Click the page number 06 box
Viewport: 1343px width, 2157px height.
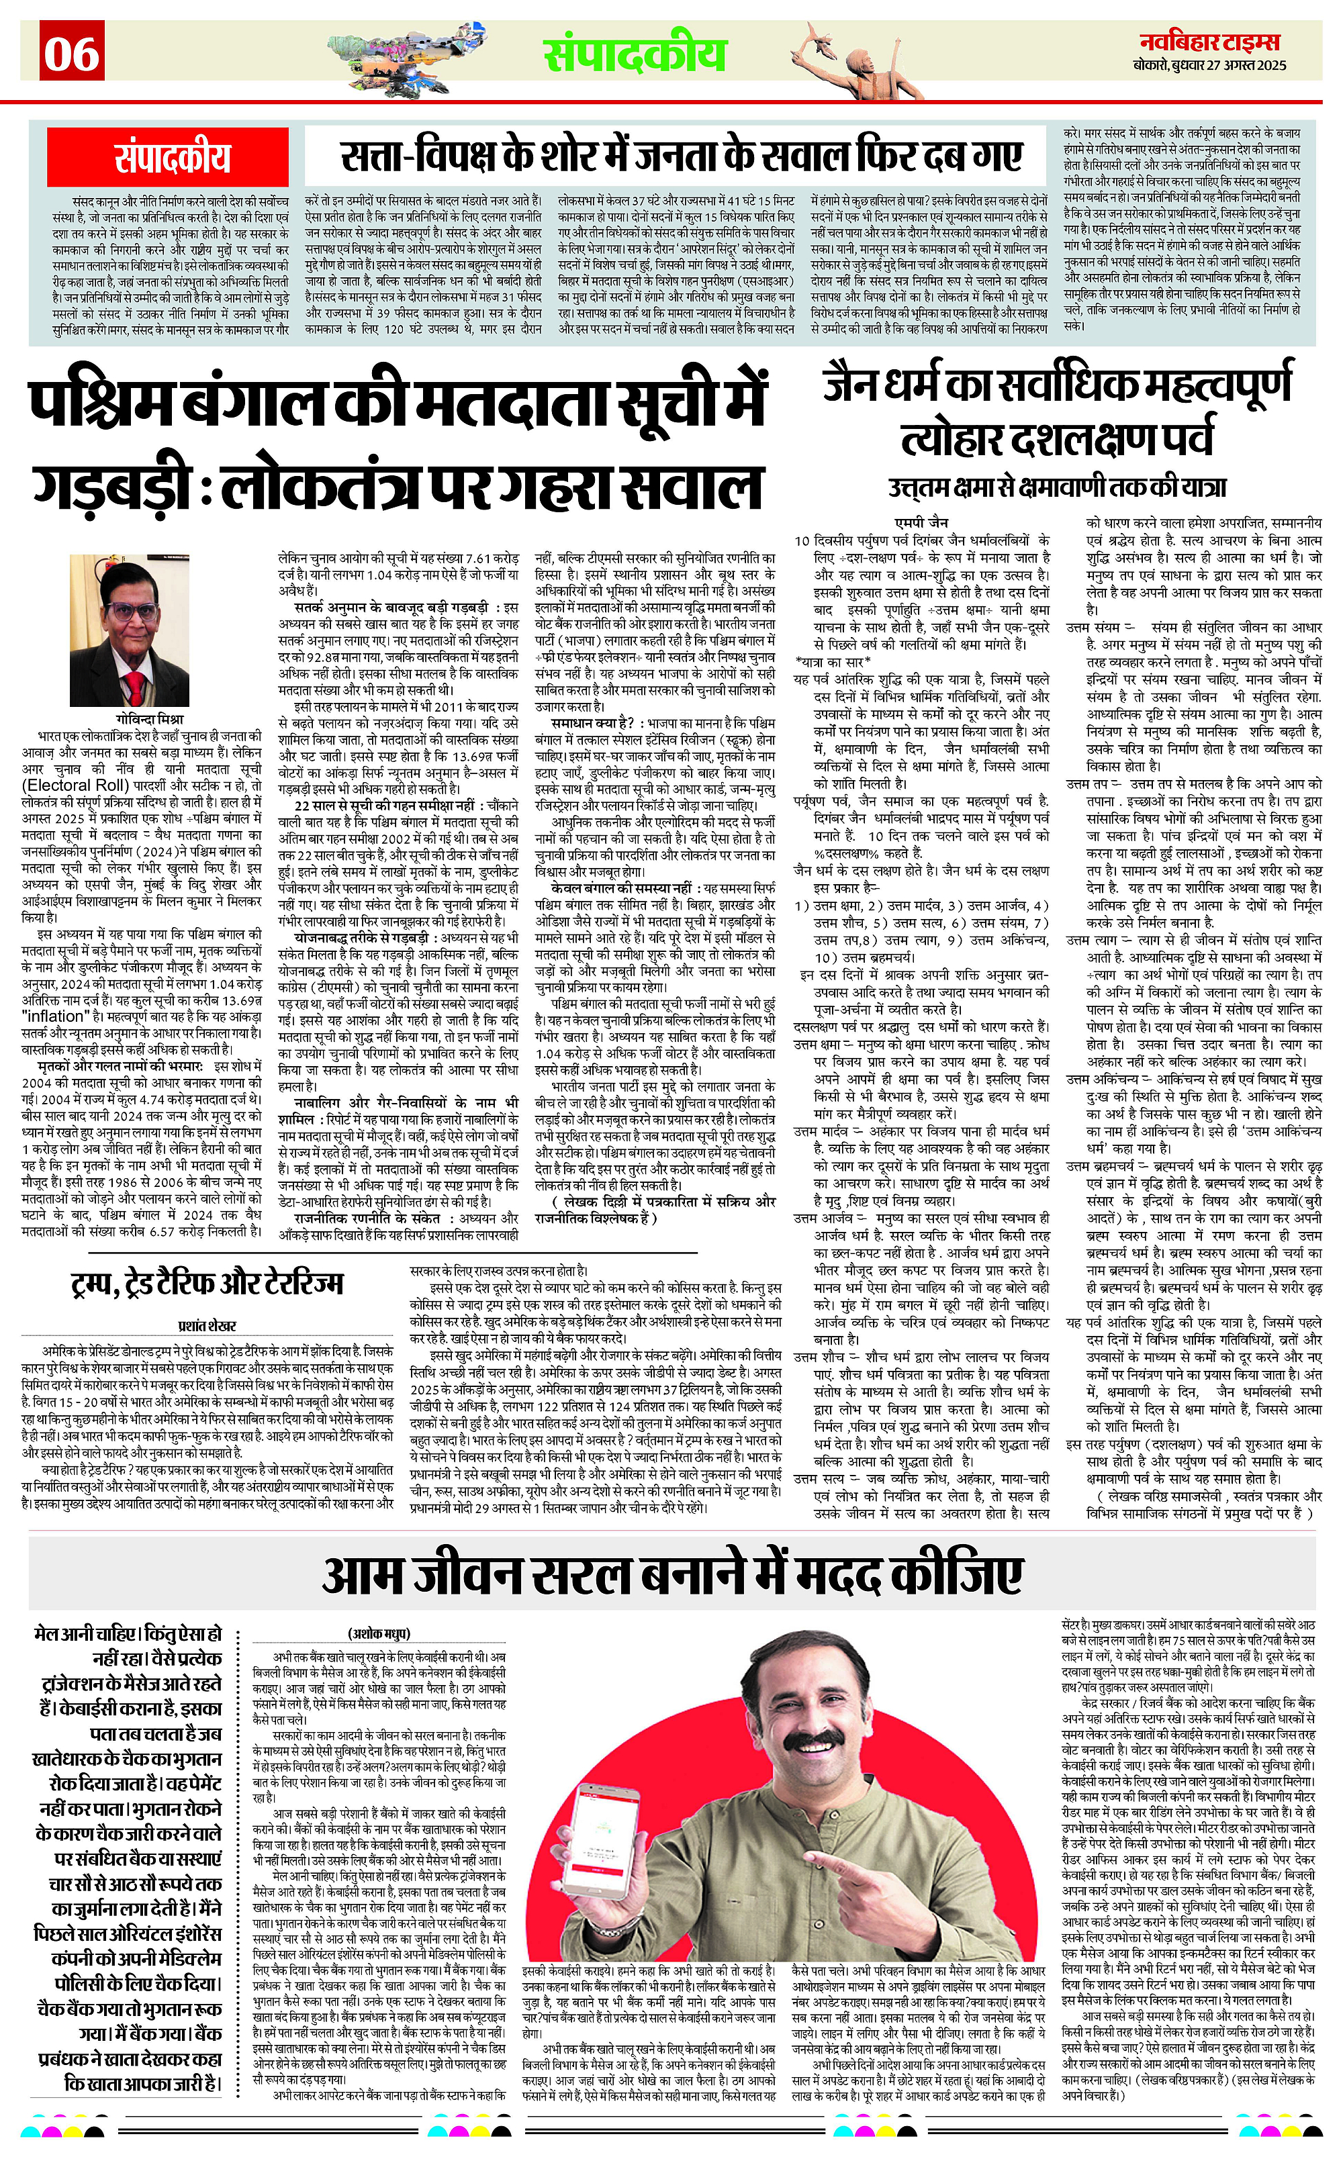(72, 55)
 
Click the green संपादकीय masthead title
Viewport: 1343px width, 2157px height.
(635, 54)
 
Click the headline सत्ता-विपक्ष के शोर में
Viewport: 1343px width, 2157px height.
(682, 157)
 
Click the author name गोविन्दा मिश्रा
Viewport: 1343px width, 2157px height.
(149, 718)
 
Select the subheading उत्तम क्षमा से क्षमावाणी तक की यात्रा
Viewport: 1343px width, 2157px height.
(1057, 487)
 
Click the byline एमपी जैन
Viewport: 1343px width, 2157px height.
(921, 522)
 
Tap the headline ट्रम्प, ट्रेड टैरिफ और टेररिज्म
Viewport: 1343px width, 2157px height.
(207, 1283)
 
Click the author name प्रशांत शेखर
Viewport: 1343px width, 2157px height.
(207, 1326)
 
